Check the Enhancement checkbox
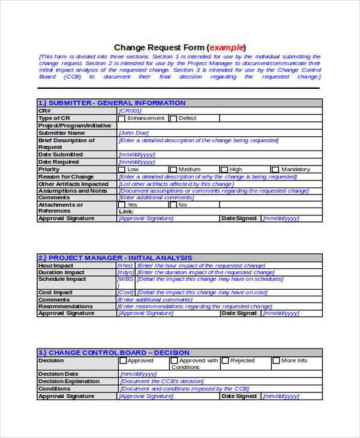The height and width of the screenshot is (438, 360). [122, 119]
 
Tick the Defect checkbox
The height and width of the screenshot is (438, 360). [173, 119]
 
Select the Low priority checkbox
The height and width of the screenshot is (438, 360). [122, 170]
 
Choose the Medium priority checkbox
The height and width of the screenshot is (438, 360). [173, 170]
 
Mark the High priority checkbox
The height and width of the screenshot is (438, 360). [224, 170]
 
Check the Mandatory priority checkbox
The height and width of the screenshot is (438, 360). [275, 170]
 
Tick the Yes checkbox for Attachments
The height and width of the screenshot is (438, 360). [122, 205]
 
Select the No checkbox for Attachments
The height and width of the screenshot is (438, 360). [173, 205]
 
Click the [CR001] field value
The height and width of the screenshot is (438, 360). [130, 111]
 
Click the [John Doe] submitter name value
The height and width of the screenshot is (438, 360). [133, 133]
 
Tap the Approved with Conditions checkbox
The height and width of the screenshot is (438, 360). [174, 361]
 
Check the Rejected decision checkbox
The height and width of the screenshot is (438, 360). [225, 361]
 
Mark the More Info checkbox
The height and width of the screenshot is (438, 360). [276, 361]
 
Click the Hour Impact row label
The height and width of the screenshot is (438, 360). [56, 265]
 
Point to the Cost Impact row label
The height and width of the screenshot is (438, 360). [55, 292]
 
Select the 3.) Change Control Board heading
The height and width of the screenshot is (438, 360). [113, 353]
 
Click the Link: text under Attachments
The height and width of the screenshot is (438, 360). [126, 211]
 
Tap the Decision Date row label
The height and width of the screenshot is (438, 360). [59, 374]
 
